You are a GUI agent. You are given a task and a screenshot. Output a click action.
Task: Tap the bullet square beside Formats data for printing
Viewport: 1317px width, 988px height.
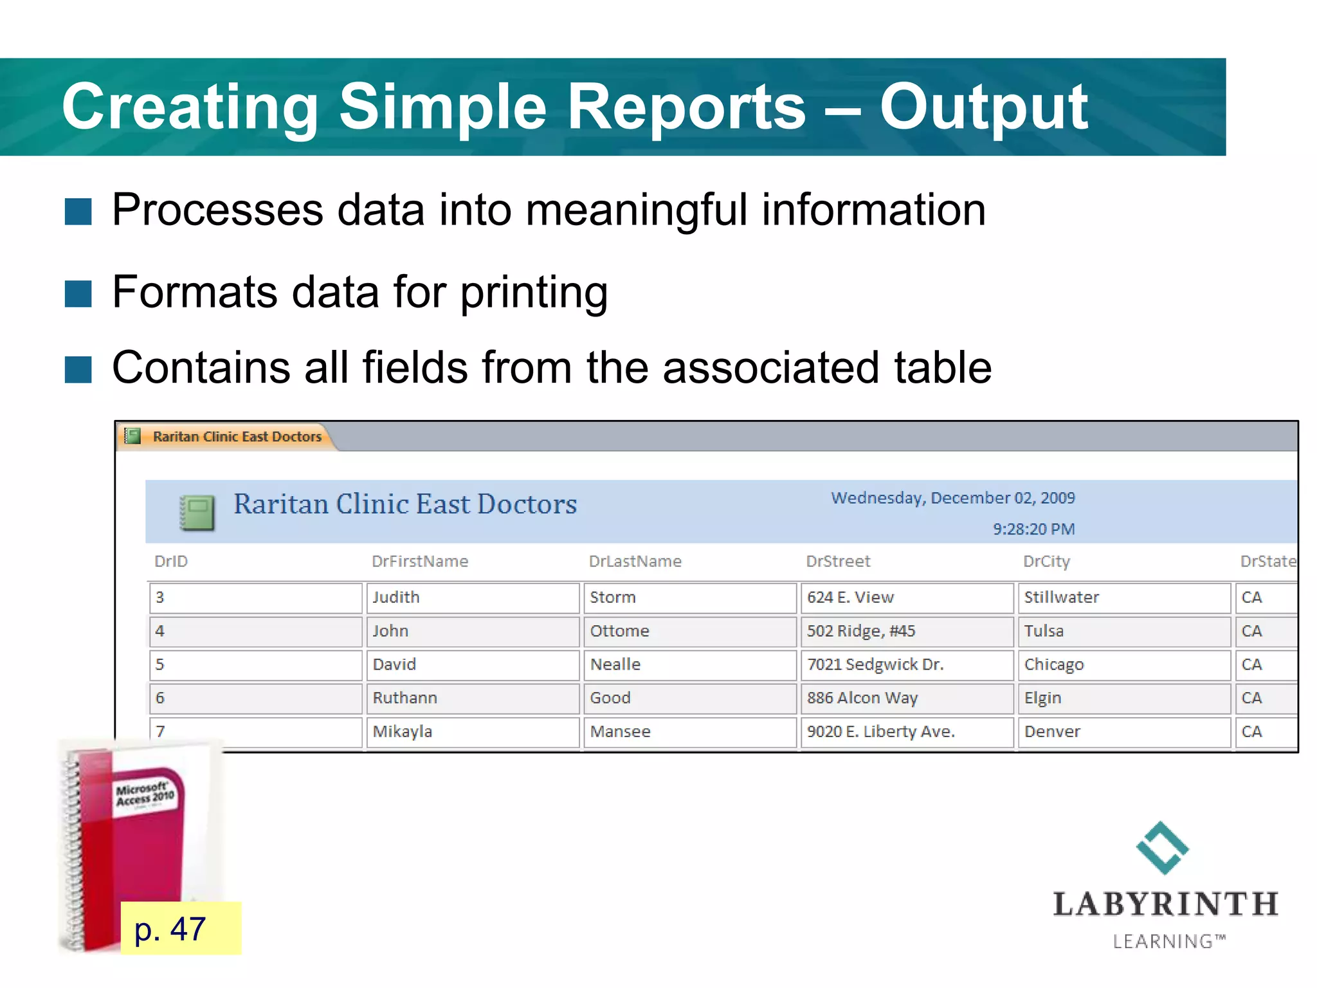coord(78,294)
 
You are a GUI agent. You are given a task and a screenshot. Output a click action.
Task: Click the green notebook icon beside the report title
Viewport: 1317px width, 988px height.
coord(197,512)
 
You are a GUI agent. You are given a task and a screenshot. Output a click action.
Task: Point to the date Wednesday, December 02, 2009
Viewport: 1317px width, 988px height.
coord(952,498)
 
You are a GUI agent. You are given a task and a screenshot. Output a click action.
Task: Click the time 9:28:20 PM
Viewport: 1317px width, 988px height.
coord(1033,529)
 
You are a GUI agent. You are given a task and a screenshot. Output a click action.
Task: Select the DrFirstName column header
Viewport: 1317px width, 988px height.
coord(420,562)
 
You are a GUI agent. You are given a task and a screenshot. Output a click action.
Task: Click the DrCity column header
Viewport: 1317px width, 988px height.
coord(1046,562)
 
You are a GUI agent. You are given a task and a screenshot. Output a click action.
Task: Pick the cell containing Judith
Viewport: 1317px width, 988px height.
coord(472,598)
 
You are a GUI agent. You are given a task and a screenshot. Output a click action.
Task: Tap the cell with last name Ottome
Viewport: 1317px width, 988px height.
coord(689,631)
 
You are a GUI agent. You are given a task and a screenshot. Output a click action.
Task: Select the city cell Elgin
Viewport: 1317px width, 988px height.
coord(1123,698)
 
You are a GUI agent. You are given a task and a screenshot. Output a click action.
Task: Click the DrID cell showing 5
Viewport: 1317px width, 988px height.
coord(255,664)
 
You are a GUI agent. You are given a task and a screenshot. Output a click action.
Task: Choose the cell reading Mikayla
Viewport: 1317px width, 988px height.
coord(472,732)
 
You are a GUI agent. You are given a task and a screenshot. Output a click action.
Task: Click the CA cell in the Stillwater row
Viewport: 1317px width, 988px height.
coord(1264,598)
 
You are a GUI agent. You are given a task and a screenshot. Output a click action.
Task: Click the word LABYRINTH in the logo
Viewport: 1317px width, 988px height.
coord(1165,904)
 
